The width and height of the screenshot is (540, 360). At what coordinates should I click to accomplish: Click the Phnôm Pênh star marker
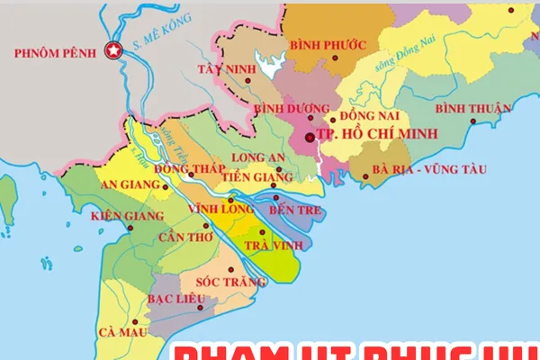114,51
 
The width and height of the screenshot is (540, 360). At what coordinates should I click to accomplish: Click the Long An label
258,157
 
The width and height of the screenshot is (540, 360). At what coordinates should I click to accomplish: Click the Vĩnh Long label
213,209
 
